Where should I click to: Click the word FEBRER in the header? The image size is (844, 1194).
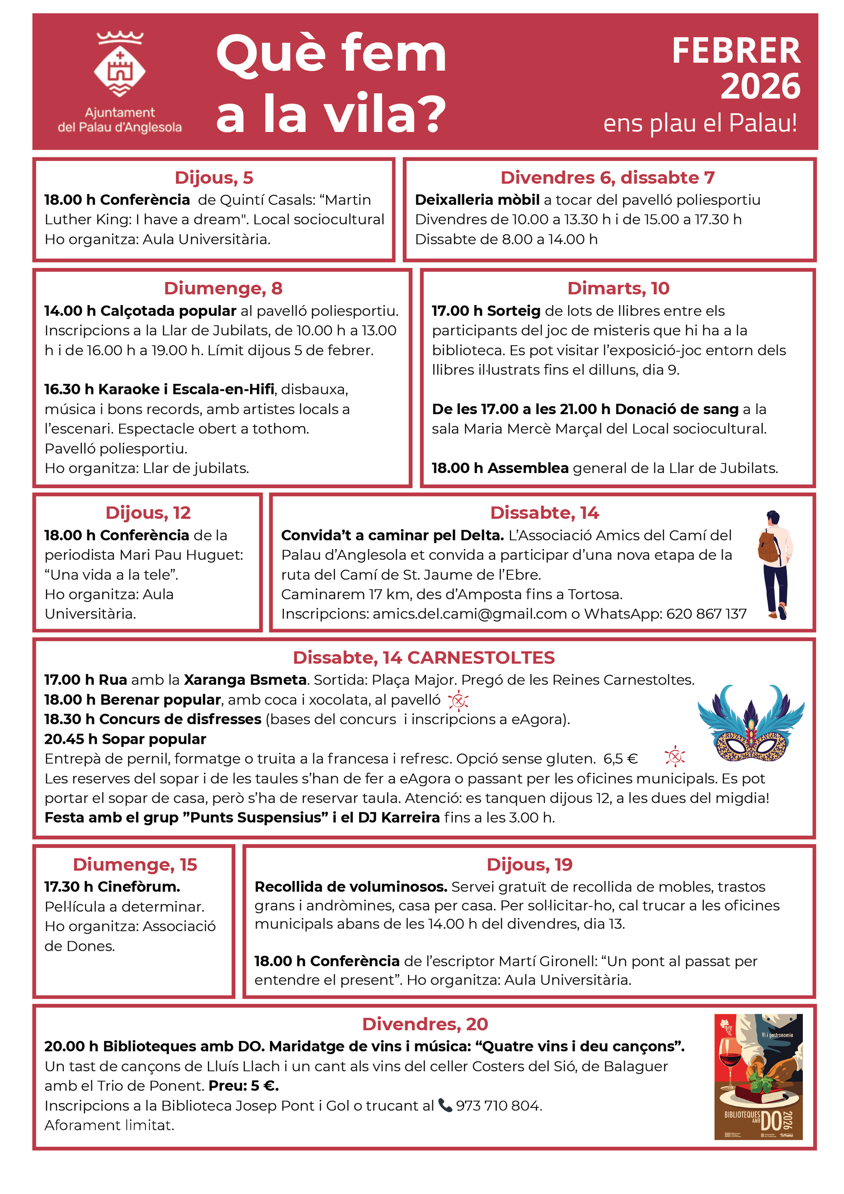tap(735, 51)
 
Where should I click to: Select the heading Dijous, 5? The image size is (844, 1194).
tap(214, 178)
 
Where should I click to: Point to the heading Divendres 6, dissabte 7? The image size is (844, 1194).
tap(607, 178)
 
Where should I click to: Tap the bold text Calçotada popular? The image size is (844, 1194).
tap(168, 311)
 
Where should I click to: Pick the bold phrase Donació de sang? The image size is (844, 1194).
tap(676, 409)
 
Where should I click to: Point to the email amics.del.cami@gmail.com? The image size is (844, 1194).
tap(469, 614)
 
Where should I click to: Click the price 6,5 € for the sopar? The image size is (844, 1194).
tap(620, 759)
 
